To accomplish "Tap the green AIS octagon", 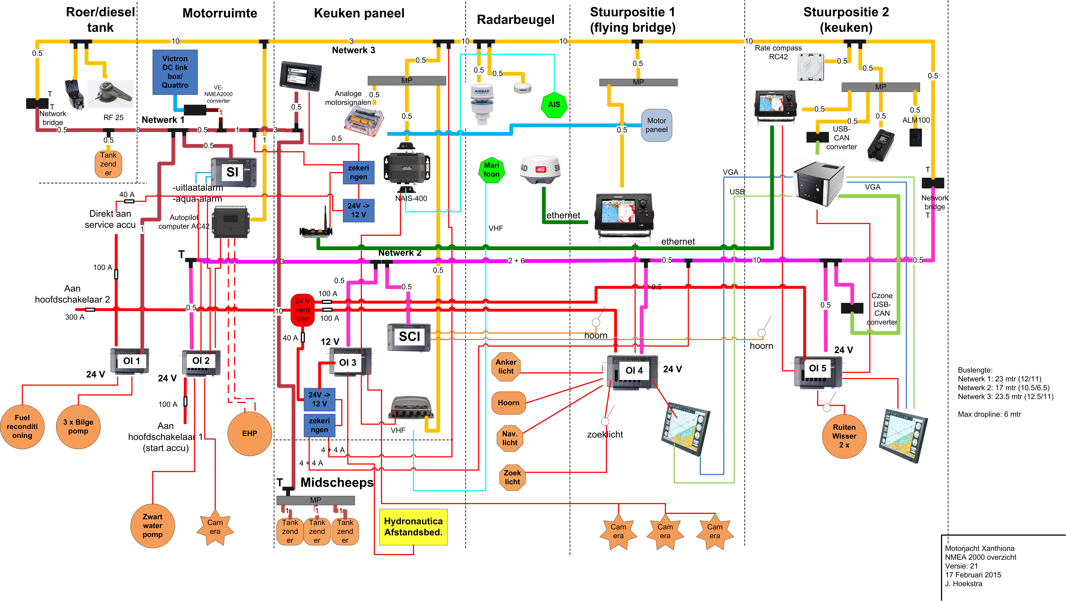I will point(554,105).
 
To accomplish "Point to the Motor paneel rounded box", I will point(656,125).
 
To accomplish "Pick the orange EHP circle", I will point(250,433).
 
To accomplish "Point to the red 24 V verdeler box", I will point(302,310).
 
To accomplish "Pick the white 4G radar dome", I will point(540,170).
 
